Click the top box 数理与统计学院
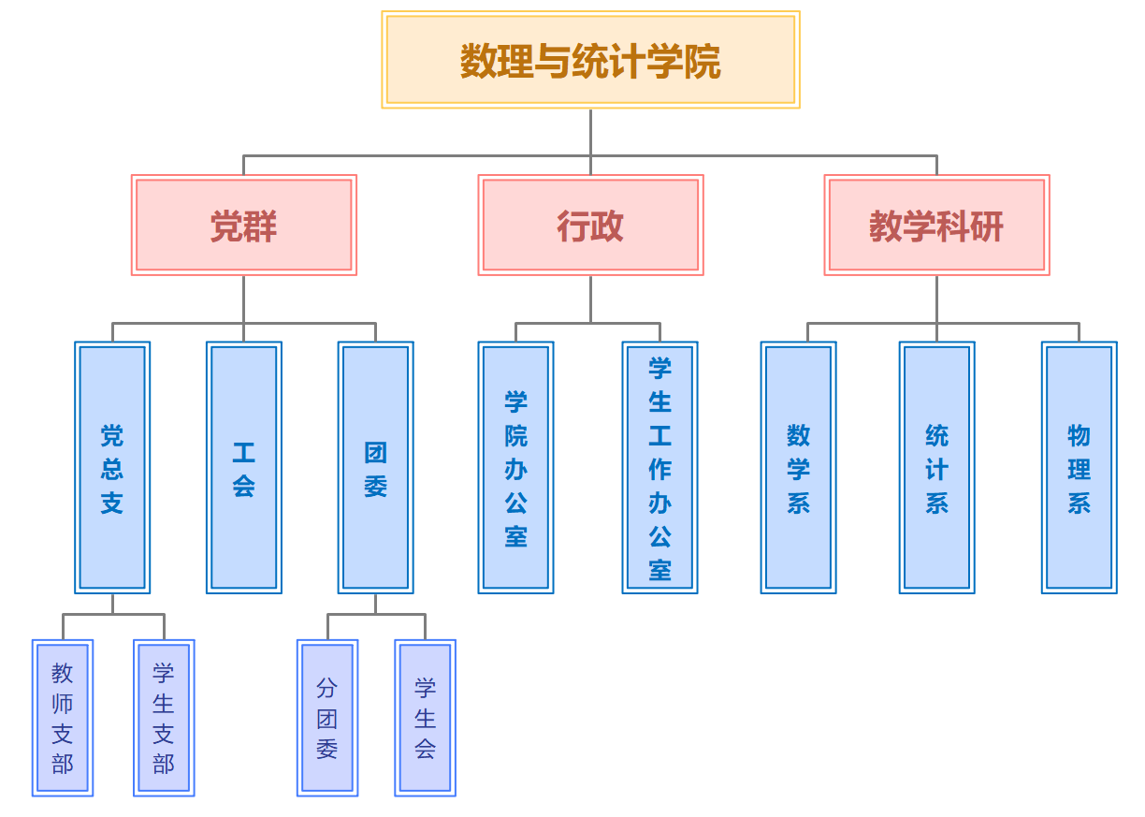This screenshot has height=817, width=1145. coord(590,60)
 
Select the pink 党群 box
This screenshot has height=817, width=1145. coord(243,226)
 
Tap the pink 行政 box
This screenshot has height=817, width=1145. coord(590,226)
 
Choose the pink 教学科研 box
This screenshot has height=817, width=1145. coord(936,226)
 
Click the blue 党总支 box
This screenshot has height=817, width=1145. coord(112,467)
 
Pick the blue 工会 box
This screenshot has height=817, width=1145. coord(243,467)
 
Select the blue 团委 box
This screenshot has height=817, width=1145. coord(375,467)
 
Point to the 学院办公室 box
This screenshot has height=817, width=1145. coord(515,467)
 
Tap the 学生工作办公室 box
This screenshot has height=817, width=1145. coord(659,467)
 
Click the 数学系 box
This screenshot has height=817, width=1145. coord(798,467)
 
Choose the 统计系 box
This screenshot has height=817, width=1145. coord(936,467)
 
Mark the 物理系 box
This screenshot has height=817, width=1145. coord(1079,467)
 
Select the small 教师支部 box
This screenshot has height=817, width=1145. coord(63,718)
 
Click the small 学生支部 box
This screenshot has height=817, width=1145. coord(164,718)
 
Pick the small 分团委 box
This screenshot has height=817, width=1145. coord(327,718)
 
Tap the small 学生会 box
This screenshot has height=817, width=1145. coord(425,718)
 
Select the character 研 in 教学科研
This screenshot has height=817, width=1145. coord(987,226)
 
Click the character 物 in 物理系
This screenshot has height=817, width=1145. coord(1079,435)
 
